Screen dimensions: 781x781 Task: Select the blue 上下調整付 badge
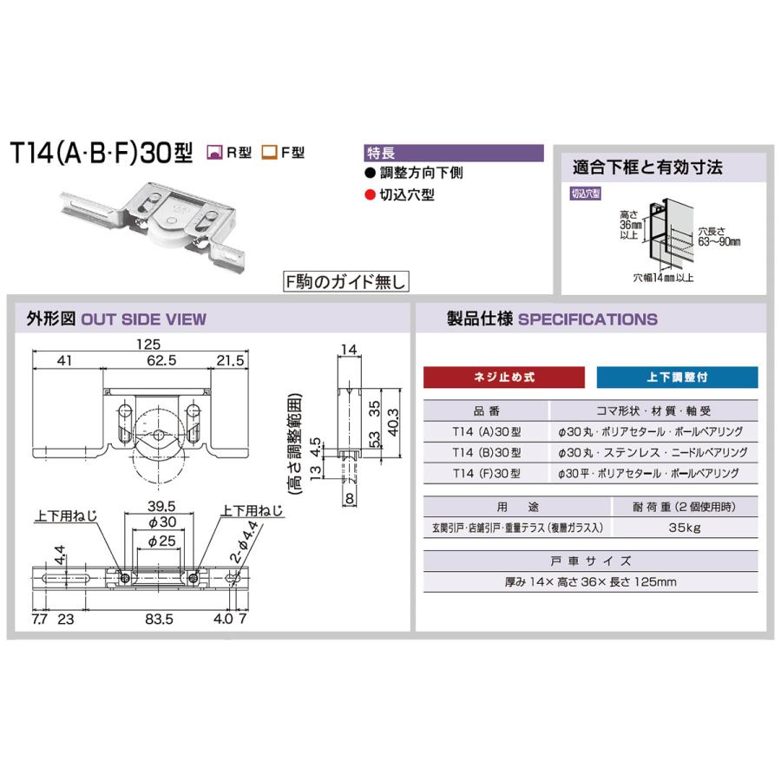pos(677,377)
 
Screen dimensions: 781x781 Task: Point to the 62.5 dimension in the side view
pos(157,359)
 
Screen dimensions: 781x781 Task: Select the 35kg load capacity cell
pos(686,527)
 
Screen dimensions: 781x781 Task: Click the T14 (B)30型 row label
pos(487,452)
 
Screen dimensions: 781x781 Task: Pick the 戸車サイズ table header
pos(589,561)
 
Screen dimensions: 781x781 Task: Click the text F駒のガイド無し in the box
pos(345,281)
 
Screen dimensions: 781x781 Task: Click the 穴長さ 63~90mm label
pos(719,237)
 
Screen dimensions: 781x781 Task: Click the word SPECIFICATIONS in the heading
pos(587,318)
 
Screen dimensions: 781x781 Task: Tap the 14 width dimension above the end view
pos(349,349)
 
